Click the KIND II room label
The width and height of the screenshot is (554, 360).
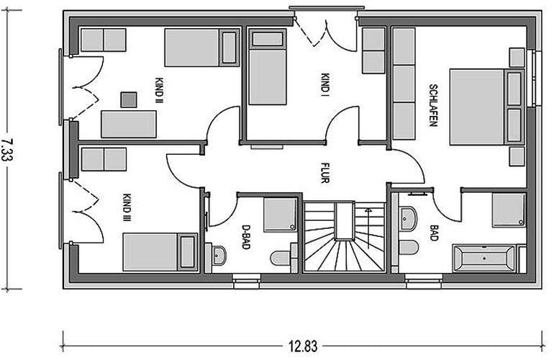click(x=159, y=91)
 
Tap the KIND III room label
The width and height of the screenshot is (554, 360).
click(x=127, y=207)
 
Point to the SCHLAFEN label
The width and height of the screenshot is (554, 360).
click(x=433, y=105)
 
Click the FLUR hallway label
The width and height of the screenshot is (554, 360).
click(x=325, y=173)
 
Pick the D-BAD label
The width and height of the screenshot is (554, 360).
click(x=245, y=237)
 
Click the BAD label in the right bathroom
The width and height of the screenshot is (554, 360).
click(x=434, y=233)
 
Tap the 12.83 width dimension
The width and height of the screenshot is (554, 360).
click(x=303, y=346)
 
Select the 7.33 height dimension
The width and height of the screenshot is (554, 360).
click(x=7, y=150)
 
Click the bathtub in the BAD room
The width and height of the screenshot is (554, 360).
click(x=484, y=259)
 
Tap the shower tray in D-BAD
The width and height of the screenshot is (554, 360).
click(x=281, y=215)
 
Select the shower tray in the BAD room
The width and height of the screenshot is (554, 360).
click(x=509, y=210)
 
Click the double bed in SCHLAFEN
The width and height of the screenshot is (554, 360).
click(x=486, y=107)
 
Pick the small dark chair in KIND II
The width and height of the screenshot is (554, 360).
click(x=129, y=100)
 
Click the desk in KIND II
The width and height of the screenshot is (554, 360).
click(x=129, y=124)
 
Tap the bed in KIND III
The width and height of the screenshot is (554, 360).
click(x=160, y=252)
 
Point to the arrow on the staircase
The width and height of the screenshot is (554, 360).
click(x=368, y=228)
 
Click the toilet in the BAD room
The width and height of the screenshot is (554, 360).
click(x=409, y=247)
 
